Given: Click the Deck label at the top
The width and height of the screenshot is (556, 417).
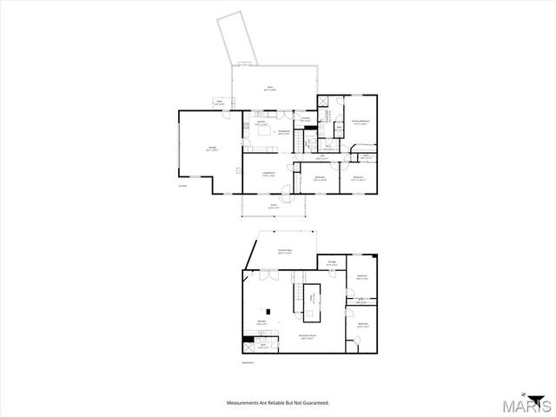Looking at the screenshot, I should (x=270, y=87).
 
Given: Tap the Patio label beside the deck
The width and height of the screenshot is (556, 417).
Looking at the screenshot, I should (x=219, y=103).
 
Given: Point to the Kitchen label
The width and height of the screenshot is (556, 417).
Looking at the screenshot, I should (x=259, y=122).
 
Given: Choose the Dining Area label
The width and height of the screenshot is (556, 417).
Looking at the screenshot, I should (x=283, y=132).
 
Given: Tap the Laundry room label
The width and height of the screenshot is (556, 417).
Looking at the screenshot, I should (x=305, y=121).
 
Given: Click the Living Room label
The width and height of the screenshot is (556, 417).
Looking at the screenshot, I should (x=258, y=175).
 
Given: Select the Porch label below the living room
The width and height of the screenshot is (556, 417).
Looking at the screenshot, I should (x=273, y=208).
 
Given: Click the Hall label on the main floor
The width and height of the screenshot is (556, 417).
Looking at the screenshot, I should (x=321, y=157).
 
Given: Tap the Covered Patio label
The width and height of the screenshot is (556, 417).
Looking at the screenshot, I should (x=284, y=252).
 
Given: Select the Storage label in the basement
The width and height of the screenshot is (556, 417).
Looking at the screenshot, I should (x=332, y=263).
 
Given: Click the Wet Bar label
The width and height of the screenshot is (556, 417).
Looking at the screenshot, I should (x=261, y=324).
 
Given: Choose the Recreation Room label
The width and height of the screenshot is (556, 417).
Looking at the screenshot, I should (x=307, y=336).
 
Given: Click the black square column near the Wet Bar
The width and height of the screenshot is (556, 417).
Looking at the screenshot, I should (x=268, y=312).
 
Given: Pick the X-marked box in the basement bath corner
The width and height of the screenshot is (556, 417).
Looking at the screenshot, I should (x=252, y=341).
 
